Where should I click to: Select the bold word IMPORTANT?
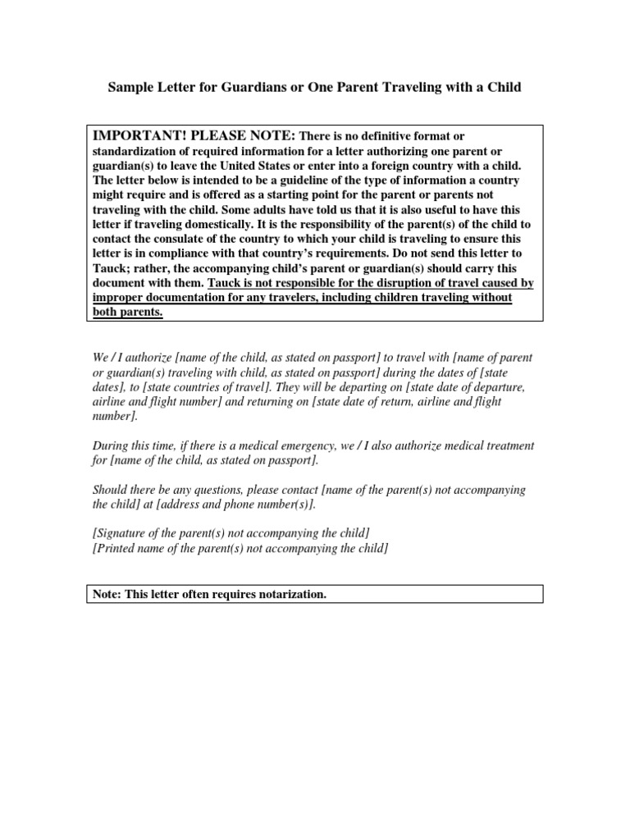[x=139, y=135]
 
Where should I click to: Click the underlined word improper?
[x=118, y=297]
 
